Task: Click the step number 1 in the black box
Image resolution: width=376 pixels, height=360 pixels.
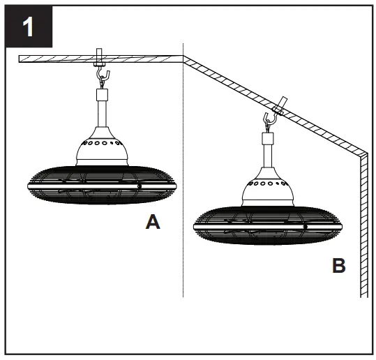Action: coord(29,27)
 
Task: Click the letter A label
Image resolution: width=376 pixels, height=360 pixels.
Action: coord(153,223)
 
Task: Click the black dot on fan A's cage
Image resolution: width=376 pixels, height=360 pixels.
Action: coord(140,186)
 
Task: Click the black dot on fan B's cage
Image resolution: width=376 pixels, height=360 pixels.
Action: coord(305,226)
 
